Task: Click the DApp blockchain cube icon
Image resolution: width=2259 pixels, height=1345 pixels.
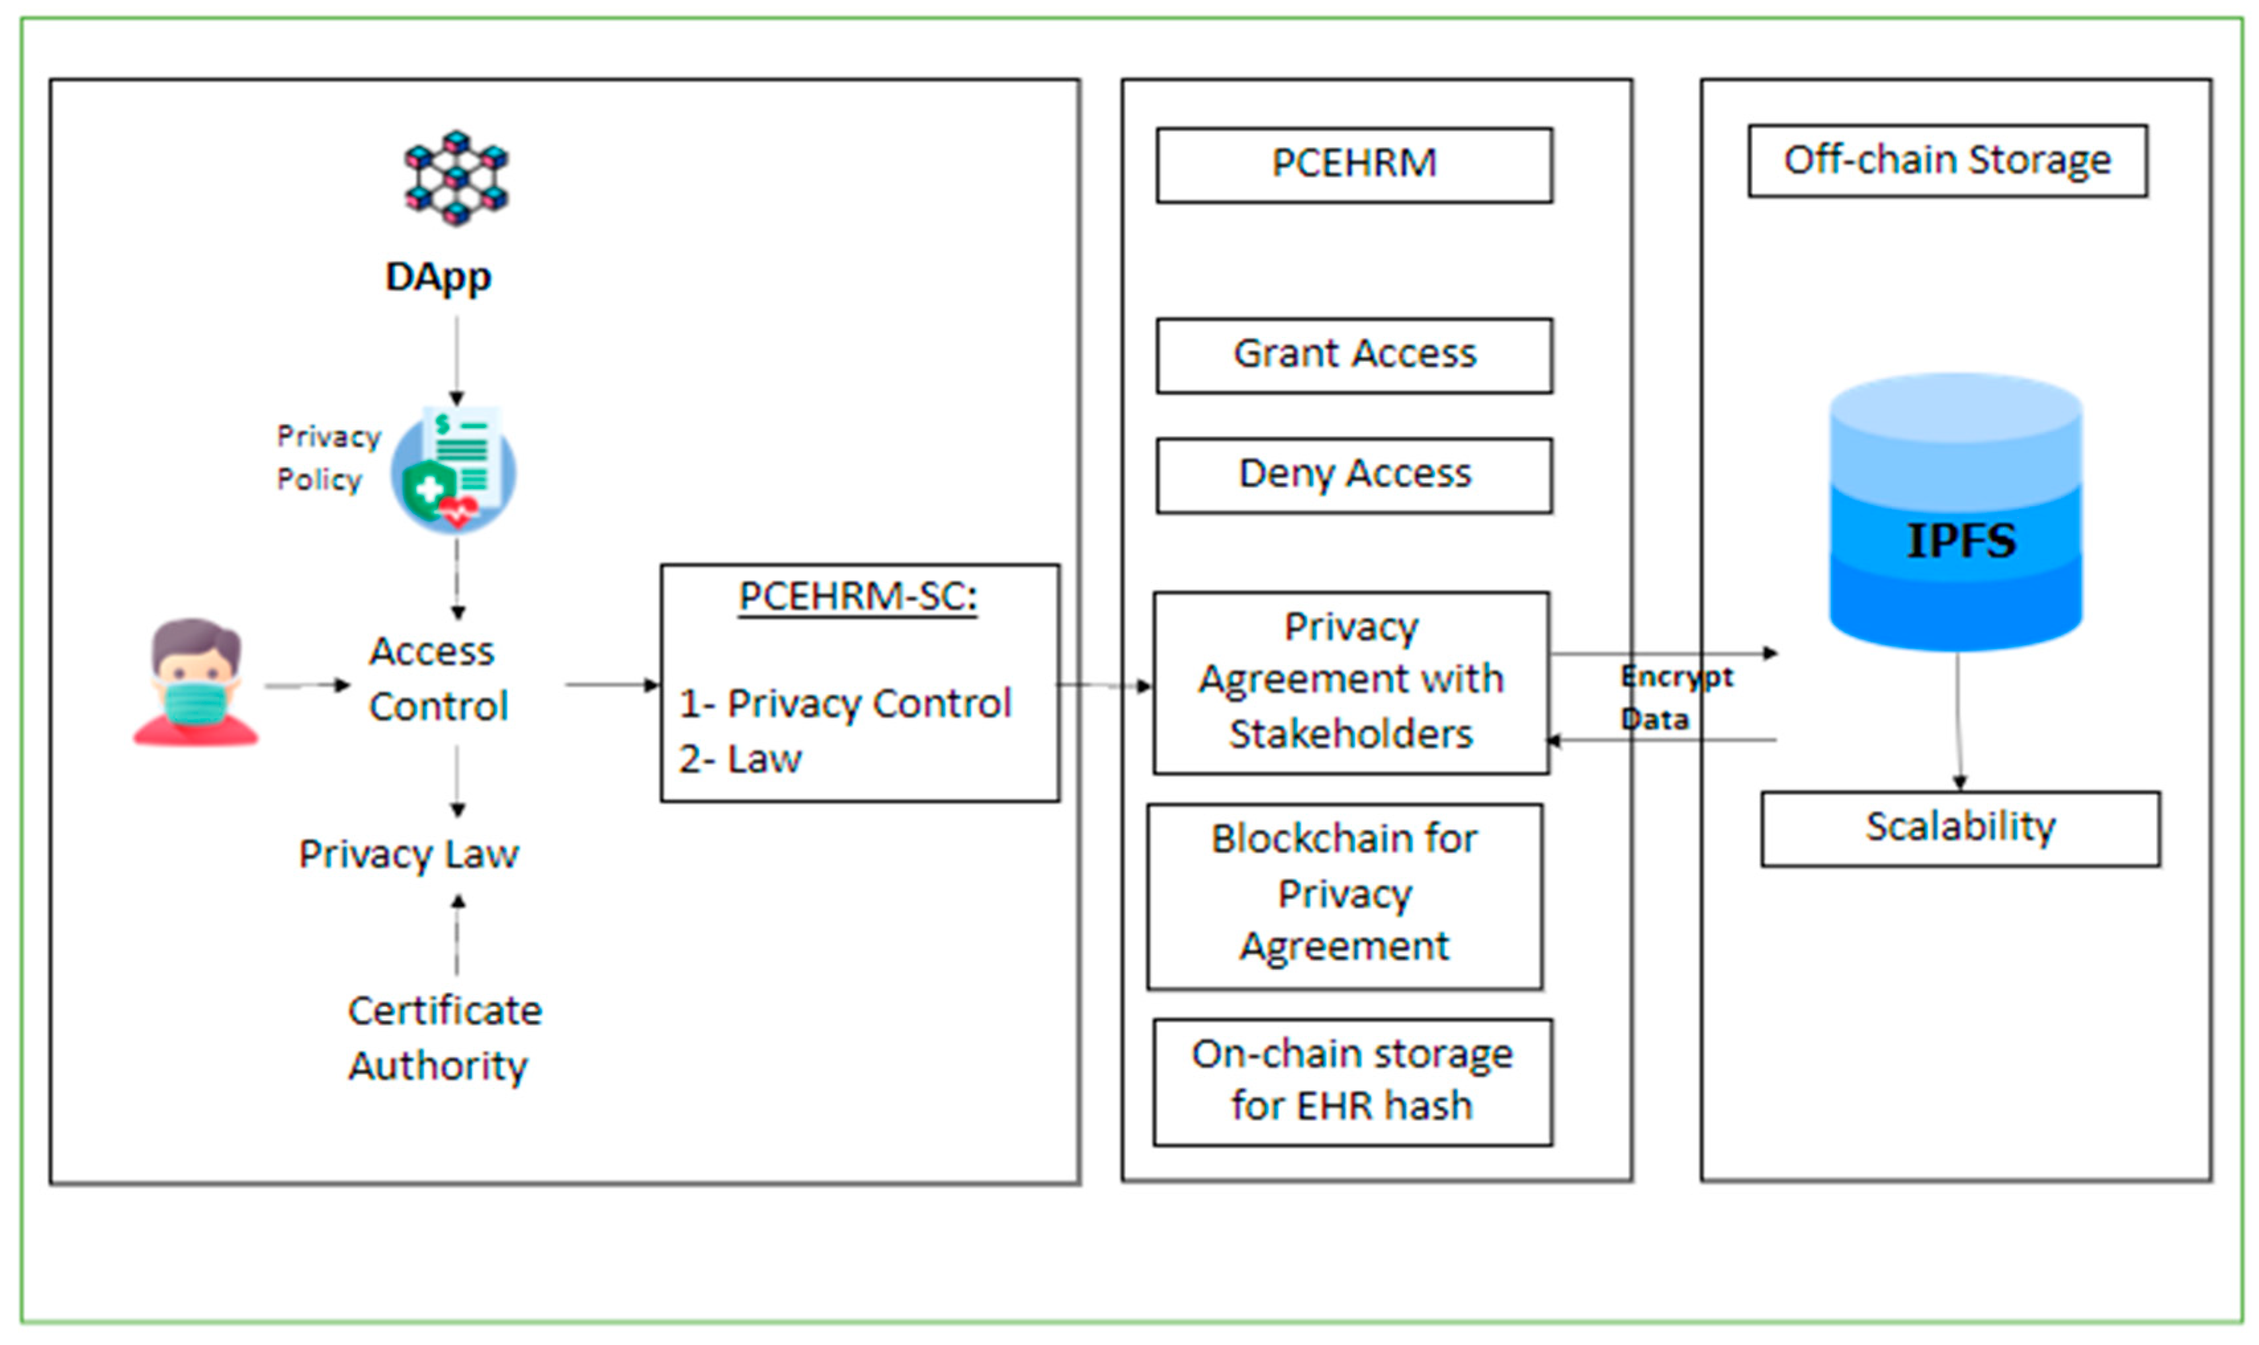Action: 456,177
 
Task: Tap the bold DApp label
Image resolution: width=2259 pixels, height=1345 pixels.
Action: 439,277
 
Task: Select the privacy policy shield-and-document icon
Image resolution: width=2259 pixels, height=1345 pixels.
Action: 453,470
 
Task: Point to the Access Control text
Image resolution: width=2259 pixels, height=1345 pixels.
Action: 439,679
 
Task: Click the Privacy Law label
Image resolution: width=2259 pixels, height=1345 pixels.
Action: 409,853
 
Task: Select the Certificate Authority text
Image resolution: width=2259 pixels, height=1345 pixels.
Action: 444,1038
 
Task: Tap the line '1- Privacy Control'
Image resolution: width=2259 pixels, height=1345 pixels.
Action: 845,703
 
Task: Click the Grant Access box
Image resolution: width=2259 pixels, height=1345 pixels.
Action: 1354,355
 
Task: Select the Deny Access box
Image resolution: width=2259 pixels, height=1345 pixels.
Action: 1354,476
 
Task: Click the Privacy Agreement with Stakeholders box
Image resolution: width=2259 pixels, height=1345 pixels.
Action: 1351,683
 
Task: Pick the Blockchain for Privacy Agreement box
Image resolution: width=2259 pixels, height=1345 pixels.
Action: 1345,896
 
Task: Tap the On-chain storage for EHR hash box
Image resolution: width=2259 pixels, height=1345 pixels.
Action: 1353,1082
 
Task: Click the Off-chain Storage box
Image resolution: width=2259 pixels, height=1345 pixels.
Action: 1947,160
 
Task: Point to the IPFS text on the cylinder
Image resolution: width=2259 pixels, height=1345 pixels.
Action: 1961,541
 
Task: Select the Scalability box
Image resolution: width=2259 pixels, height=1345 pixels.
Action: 1961,828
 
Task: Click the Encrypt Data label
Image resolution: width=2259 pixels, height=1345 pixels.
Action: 1676,697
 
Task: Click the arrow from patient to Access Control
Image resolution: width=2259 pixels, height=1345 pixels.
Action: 307,685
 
